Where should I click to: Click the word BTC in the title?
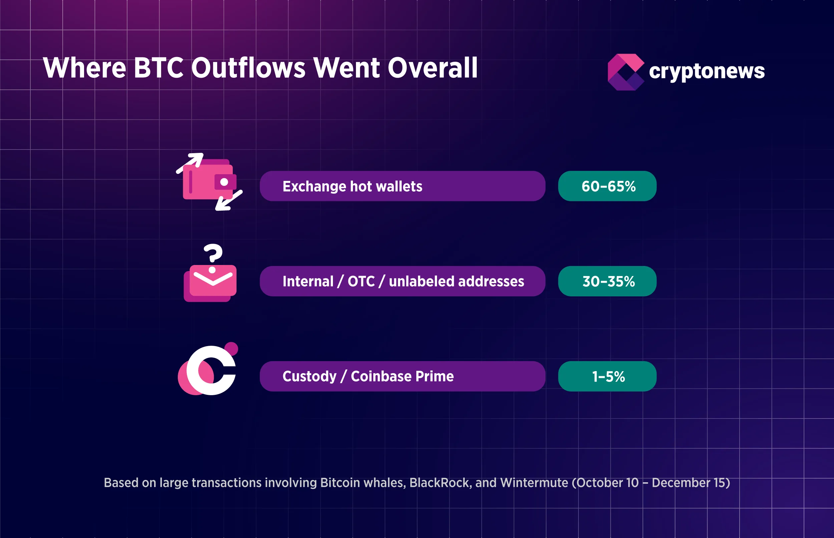[x=158, y=68]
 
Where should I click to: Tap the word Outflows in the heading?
[x=248, y=68]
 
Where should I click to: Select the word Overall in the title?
[x=433, y=68]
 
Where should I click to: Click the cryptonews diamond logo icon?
[x=625, y=72]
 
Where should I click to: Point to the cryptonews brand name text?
[x=707, y=71]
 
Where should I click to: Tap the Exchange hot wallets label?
[x=352, y=186]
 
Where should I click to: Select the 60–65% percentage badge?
[x=607, y=186]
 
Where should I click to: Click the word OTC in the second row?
[x=361, y=282]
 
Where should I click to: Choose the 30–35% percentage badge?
[x=607, y=282]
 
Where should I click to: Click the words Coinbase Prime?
[x=402, y=376]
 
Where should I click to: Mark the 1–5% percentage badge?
[x=607, y=376]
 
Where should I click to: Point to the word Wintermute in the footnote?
[x=534, y=483]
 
